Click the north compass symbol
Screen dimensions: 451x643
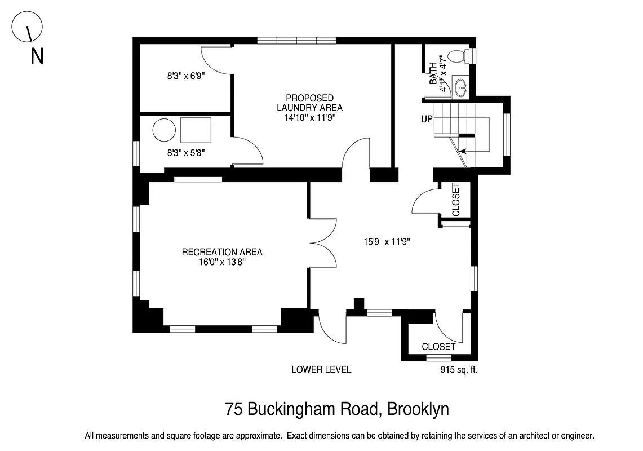tap(28, 26)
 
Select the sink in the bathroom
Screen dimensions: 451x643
tap(462, 87)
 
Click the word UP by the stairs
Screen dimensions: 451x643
tap(427, 119)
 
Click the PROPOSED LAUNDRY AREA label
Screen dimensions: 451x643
tap(309, 103)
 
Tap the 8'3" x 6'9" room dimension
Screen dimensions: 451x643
tap(185, 76)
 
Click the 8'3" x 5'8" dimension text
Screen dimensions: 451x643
tap(185, 152)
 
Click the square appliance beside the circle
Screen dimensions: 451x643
tap(196, 131)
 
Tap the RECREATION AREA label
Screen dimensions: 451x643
tap(222, 252)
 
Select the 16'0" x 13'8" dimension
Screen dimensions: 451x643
tap(222, 262)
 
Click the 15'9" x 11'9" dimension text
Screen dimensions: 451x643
tap(386, 242)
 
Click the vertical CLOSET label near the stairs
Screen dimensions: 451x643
tap(456, 200)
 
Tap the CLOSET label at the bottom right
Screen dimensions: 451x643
tap(438, 347)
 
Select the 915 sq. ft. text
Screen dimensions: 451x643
tap(458, 370)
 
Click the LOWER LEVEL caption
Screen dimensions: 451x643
tap(321, 370)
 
